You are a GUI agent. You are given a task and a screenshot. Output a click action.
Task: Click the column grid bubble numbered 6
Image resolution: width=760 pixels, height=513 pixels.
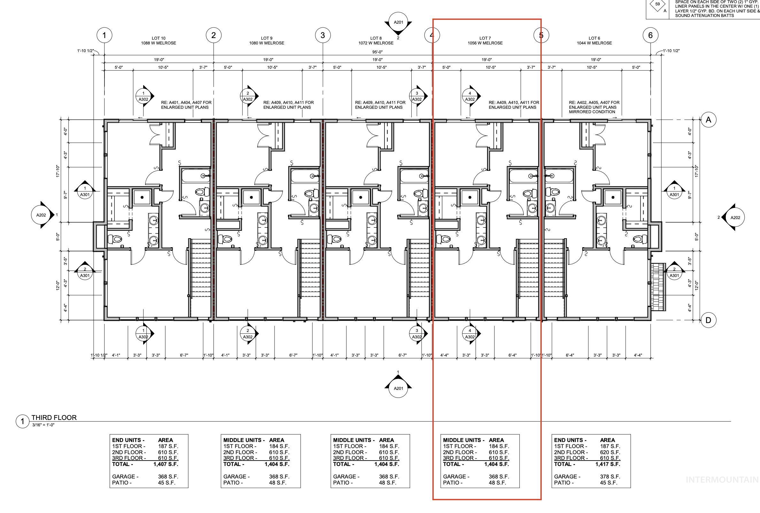coord(650,35)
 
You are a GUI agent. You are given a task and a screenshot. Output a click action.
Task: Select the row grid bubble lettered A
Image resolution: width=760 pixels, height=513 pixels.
coord(708,120)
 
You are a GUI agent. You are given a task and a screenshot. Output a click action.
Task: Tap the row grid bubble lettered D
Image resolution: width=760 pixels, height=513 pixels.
coord(708,320)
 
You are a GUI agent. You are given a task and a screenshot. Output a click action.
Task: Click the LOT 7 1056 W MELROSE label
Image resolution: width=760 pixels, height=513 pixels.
coord(485,41)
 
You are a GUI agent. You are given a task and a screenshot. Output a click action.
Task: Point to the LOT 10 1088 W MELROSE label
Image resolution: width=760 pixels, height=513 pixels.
coord(159,41)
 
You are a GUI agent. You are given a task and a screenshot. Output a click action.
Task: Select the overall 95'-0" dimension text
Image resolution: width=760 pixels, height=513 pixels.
coord(377,52)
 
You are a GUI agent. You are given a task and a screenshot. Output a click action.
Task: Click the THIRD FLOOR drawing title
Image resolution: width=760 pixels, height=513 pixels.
coord(54,417)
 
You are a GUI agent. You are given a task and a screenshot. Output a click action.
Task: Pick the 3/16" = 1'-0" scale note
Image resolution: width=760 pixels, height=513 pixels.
coord(43,425)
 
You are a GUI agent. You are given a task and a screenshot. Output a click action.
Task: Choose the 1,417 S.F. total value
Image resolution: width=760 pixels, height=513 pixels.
coord(608,464)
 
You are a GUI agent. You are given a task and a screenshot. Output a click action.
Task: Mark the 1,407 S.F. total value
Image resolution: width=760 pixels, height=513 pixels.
coord(166,464)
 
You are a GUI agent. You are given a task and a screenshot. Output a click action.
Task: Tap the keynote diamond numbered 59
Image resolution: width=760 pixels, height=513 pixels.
coord(657,4)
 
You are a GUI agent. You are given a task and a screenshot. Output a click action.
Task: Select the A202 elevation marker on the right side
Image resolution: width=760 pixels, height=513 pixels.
coord(735,217)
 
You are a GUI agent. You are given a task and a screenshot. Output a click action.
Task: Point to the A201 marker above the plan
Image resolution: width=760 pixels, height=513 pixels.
coord(398,23)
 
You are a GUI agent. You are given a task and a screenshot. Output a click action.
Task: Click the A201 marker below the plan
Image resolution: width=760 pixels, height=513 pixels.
coord(398,388)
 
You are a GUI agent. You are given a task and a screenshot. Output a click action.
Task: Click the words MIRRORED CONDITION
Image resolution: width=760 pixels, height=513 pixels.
coord(592,112)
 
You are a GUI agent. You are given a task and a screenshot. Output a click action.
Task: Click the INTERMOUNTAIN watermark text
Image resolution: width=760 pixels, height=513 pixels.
coord(722,480)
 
